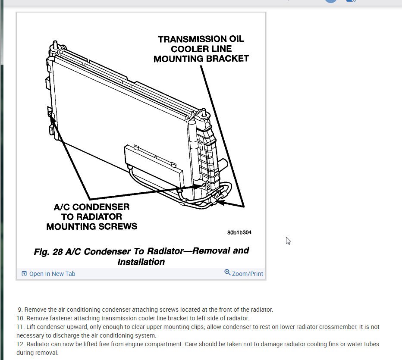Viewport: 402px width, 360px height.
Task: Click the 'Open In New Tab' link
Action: click(52, 274)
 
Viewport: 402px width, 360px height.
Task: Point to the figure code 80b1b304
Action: click(239, 232)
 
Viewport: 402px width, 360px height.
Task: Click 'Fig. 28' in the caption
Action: click(48, 251)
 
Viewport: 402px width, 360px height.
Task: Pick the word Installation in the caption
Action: click(141, 262)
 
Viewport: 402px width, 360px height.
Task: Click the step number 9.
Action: click(20, 310)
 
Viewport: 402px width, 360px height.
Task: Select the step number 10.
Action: click(20, 318)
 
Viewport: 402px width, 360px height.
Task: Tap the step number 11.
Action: click(20, 327)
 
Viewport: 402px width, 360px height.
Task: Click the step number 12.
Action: click(20, 344)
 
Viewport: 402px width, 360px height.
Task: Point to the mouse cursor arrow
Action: click(288, 240)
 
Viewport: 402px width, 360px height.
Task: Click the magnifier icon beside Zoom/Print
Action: click(227, 272)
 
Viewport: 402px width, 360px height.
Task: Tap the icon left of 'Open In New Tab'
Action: click(24, 274)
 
